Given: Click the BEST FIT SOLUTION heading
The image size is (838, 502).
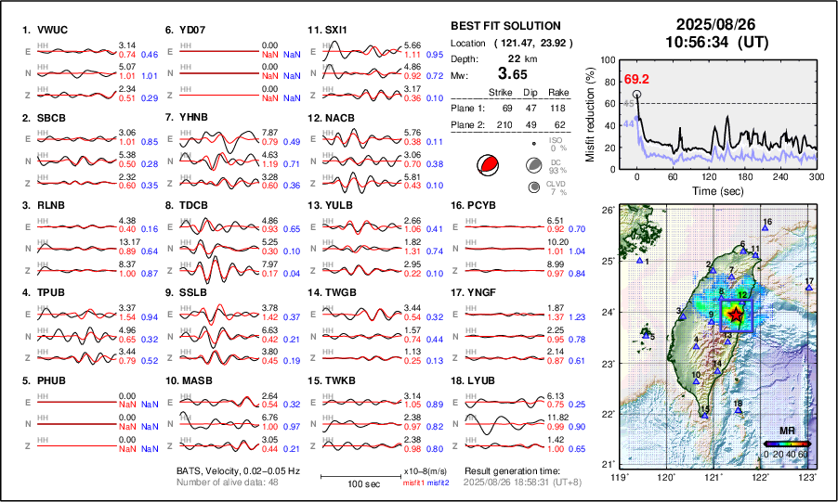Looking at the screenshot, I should click(505, 26).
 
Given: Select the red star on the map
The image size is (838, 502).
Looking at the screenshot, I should click(737, 315).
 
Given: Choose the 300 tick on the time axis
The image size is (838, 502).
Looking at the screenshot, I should click(817, 176).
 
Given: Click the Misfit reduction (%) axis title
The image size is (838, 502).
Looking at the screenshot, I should click(590, 114).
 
